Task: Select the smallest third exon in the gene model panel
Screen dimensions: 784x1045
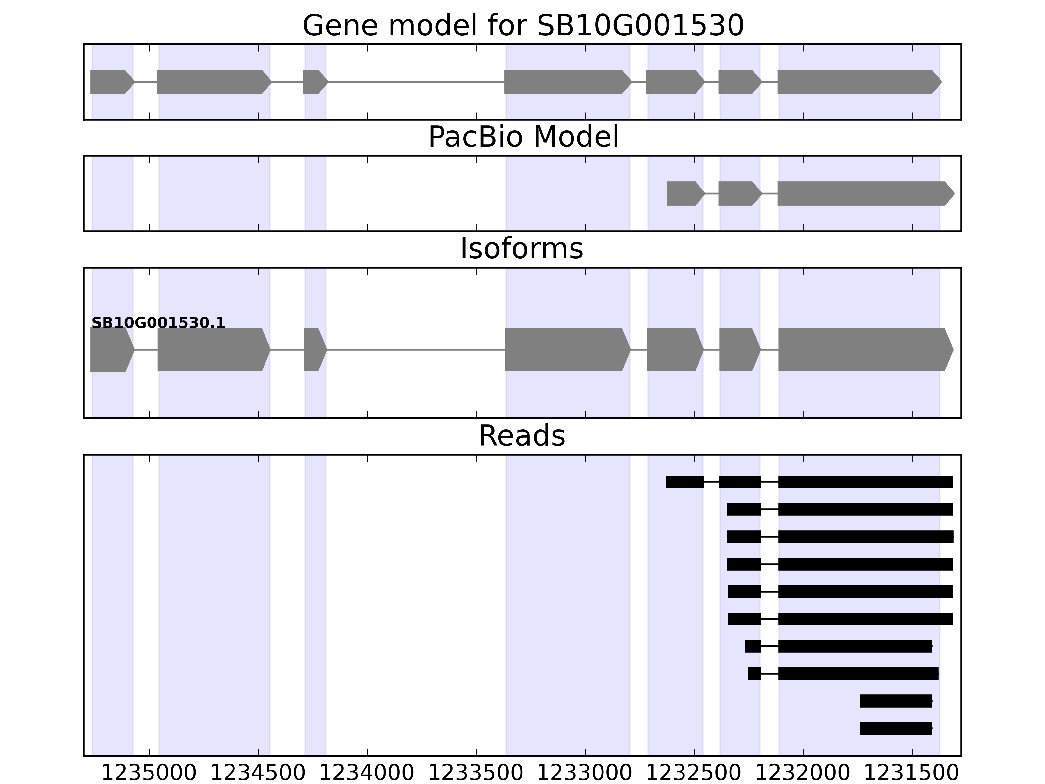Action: pyautogui.click(x=314, y=82)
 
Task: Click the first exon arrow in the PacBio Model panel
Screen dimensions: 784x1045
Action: pyautogui.click(x=683, y=193)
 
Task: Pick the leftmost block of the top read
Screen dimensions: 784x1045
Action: pyautogui.click(x=684, y=482)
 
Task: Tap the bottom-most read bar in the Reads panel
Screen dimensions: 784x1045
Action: pyautogui.click(x=896, y=728)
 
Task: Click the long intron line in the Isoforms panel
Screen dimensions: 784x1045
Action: pyautogui.click(x=416, y=350)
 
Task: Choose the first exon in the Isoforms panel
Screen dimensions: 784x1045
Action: pyautogui.click(x=111, y=350)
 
